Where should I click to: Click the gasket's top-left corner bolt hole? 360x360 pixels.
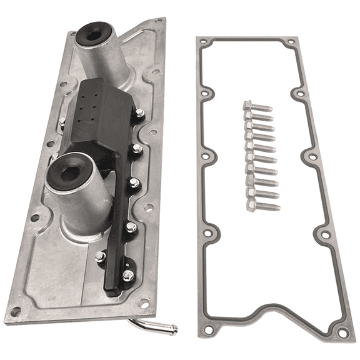(x=203, y=44)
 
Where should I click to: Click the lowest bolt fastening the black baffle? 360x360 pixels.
(x=127, y=274)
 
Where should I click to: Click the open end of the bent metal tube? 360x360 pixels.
(x=174, y=330)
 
